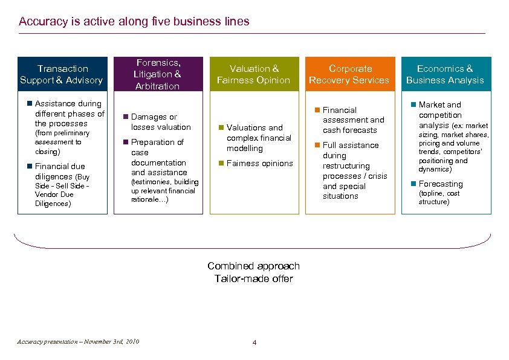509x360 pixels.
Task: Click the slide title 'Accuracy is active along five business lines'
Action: coord(134,22)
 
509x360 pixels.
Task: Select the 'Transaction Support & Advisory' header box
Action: coord(62,74)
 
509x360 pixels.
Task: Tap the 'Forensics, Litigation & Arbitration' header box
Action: coord(157,74)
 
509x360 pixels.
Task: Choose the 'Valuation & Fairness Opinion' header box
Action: coord(254,74)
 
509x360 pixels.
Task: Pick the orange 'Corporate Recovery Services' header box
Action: coord(349,74)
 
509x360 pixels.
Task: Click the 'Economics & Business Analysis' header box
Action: coord(446,74)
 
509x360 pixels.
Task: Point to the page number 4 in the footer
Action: coord(254,343)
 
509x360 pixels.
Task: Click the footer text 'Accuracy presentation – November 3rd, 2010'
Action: coord(79,342)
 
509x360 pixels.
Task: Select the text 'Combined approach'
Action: coord(253,266)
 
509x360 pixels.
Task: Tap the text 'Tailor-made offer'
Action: coord(253,278)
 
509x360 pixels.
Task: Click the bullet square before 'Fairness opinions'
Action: coord(221,164)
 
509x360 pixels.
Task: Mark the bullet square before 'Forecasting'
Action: coord(413,184)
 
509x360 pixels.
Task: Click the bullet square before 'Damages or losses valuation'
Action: coord(125,117)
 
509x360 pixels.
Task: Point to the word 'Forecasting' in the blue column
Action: coord(441,184)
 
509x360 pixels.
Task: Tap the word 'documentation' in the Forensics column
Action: coord(158,162)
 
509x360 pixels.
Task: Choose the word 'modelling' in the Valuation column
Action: coord(245,148)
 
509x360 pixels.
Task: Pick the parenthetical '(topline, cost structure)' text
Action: coord(439,198)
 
